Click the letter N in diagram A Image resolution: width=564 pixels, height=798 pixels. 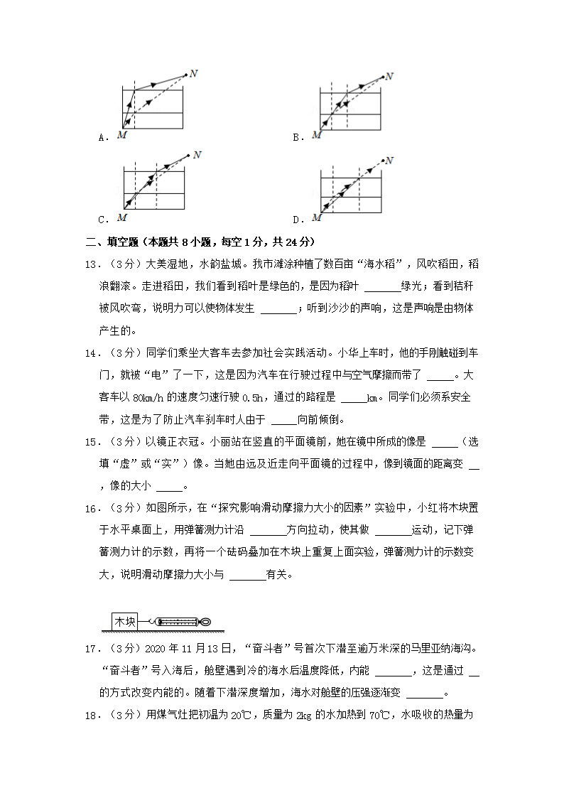(190, 73)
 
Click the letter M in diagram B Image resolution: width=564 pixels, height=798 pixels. (317, 134)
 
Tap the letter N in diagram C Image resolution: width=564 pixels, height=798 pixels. (197, 153)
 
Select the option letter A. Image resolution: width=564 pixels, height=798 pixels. (102, 137)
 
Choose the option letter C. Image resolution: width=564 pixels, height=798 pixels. (102, 220)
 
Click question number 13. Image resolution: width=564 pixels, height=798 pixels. (92, 264)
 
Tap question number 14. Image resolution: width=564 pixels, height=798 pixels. (92, 352)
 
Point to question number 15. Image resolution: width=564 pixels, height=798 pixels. (92, 442)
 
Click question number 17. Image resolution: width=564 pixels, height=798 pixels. (92, 648)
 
